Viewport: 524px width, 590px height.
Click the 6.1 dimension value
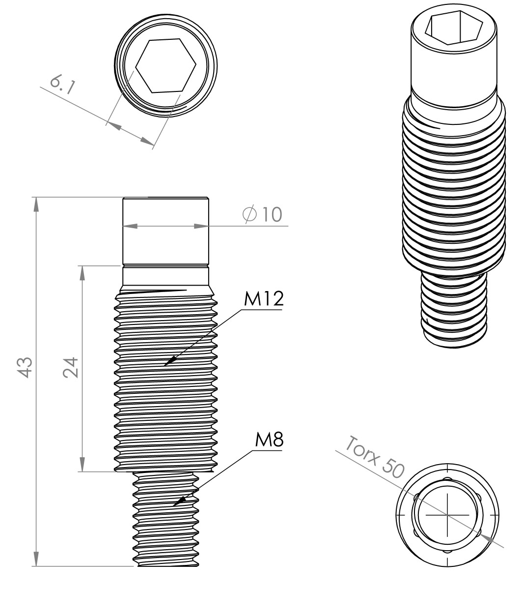point(62,85)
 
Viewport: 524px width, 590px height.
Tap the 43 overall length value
point(25,367)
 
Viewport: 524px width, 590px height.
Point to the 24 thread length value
point(71,367)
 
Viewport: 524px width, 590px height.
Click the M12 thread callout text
point(264,299)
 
